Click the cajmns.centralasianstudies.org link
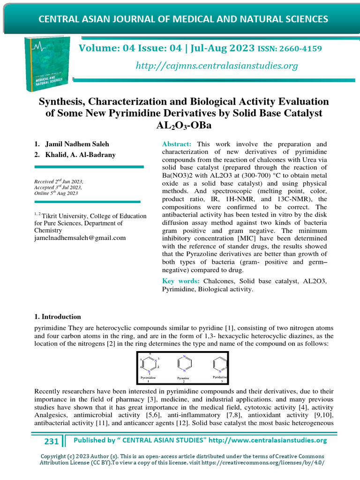pos(217,66)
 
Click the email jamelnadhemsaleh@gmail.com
pos(80,238)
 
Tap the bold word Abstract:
pos(177,144)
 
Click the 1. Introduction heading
pos(58,317)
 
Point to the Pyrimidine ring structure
pos(150,363)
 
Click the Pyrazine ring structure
pos(184,363)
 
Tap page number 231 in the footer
pos(51,441)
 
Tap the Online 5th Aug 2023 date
pos(56,193)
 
